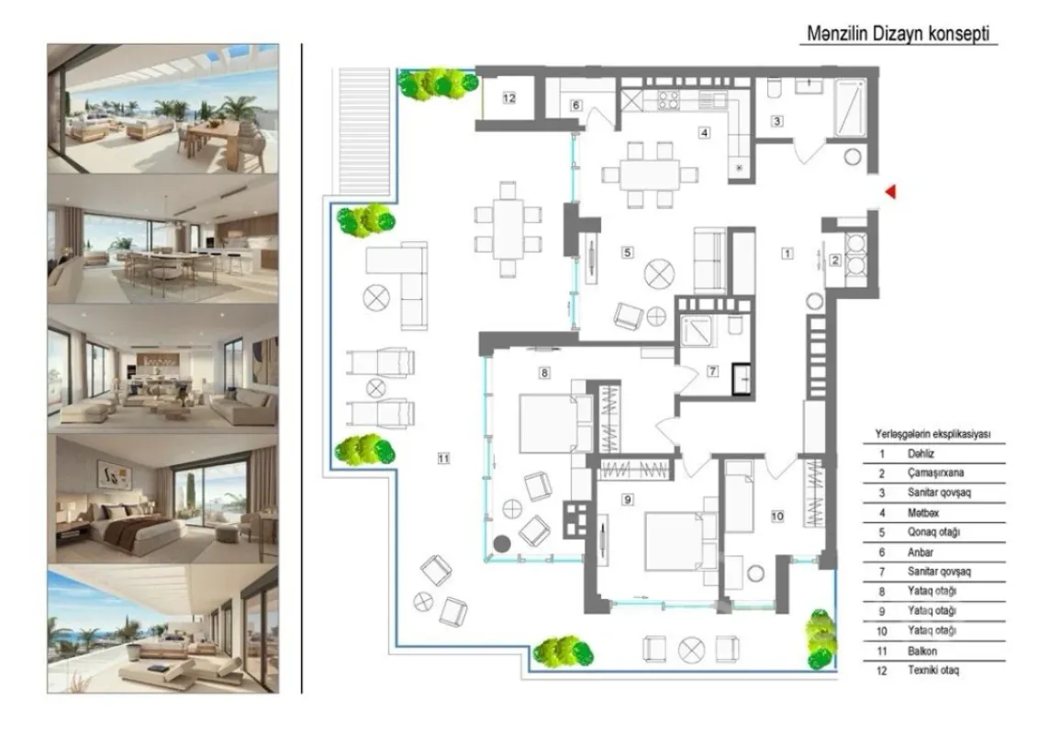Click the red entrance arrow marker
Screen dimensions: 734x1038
pos(888,191)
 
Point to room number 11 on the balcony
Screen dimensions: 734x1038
pos(444,460)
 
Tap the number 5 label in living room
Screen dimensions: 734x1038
pos(628,251)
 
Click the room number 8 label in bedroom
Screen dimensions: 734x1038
pos(544,373)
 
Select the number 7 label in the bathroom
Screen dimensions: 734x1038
pos(712,372)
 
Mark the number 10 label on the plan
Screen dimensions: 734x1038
pos(777,517)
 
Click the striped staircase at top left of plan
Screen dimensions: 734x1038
pos(365,130)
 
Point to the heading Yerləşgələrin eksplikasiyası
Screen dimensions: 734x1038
pos(932,433)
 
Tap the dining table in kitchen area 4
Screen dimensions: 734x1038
pos(649,173)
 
